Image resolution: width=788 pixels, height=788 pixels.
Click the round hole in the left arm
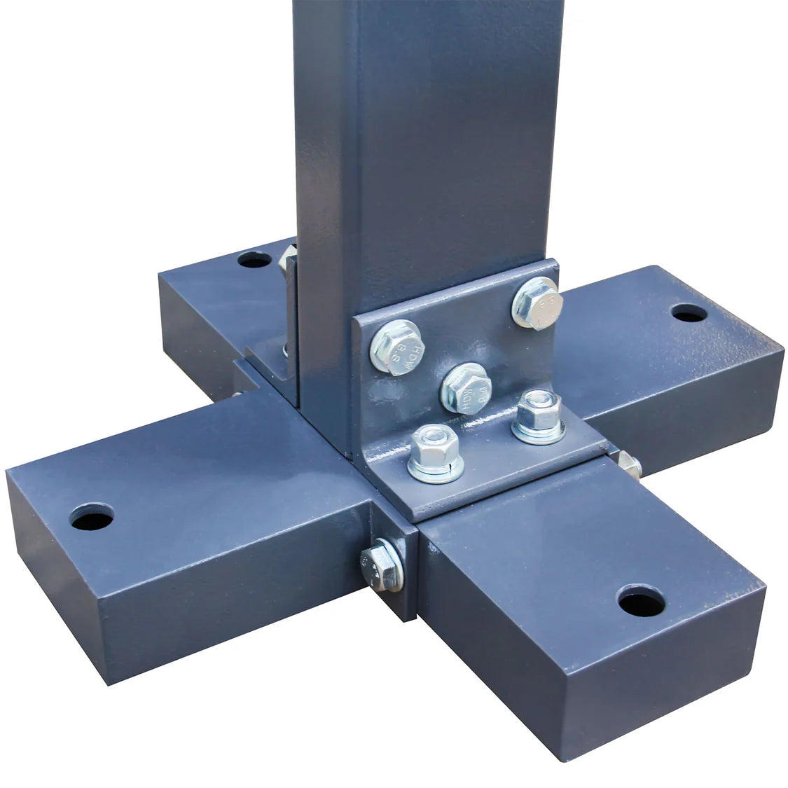tap(92, 517)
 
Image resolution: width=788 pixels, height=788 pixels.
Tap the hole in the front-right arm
tap(641, 601)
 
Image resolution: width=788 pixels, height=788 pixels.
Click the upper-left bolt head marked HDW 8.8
tap(396, 347)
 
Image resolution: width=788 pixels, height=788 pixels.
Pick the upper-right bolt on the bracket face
tap(537, 303)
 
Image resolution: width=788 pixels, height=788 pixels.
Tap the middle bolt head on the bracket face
tap(466, 388)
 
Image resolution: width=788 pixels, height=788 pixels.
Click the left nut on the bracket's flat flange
tap(434, 448)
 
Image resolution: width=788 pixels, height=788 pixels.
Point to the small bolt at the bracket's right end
tap(628, 464)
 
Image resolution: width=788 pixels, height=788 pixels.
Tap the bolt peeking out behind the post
tap(287, 261)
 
